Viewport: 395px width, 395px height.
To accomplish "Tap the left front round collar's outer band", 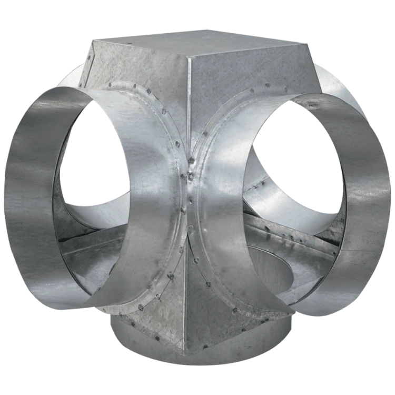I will tap(32, 200).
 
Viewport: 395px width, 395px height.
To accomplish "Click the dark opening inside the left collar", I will tap(95, 158).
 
